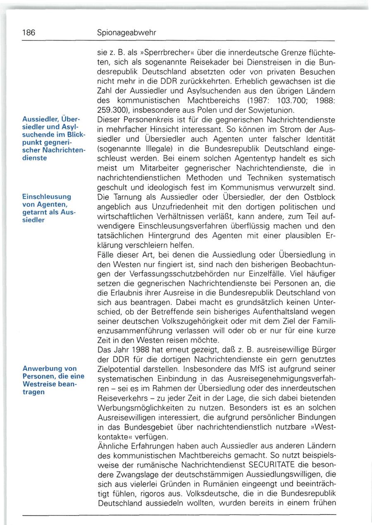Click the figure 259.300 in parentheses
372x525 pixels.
pos(112,110)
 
